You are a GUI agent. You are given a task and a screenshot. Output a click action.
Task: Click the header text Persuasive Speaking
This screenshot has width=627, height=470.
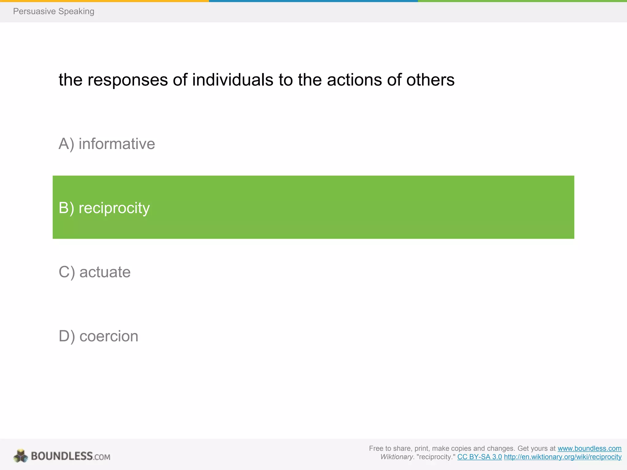click(54, 11)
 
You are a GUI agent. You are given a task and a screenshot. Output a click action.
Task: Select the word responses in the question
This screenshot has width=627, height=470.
click(128, 80)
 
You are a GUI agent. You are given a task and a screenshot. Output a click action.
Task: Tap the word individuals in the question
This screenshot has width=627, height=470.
click(233, 80)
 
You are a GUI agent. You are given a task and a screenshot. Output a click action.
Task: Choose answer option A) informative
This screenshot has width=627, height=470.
click(107, 144)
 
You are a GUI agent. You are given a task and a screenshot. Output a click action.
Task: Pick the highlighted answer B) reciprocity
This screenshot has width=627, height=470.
click(104, 208)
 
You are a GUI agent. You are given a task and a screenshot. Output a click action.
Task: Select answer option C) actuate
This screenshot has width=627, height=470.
click(95, 272)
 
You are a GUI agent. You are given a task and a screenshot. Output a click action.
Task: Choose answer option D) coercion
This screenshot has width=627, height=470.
click(98, 336)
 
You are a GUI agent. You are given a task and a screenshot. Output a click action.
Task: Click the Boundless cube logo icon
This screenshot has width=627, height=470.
click(21, 456)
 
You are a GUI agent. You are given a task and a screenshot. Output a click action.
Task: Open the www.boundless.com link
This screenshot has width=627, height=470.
click(589, 448)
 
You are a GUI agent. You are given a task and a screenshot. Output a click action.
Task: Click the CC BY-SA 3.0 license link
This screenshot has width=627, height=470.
click(479, 457)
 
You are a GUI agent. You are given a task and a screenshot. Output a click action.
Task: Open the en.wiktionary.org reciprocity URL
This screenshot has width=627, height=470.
click(563, 457)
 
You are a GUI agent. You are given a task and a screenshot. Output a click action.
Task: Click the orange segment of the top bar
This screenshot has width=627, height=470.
click(104, 1)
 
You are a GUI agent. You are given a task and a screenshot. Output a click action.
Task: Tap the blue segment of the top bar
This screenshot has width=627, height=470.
click(313, 1)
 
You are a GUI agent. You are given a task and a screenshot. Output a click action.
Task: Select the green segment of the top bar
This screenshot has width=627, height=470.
click(522, 1)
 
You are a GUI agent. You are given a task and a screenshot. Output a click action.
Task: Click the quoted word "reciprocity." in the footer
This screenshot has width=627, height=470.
click(436, 457)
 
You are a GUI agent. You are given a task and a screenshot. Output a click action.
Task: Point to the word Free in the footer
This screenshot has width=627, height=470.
click(376, 448)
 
